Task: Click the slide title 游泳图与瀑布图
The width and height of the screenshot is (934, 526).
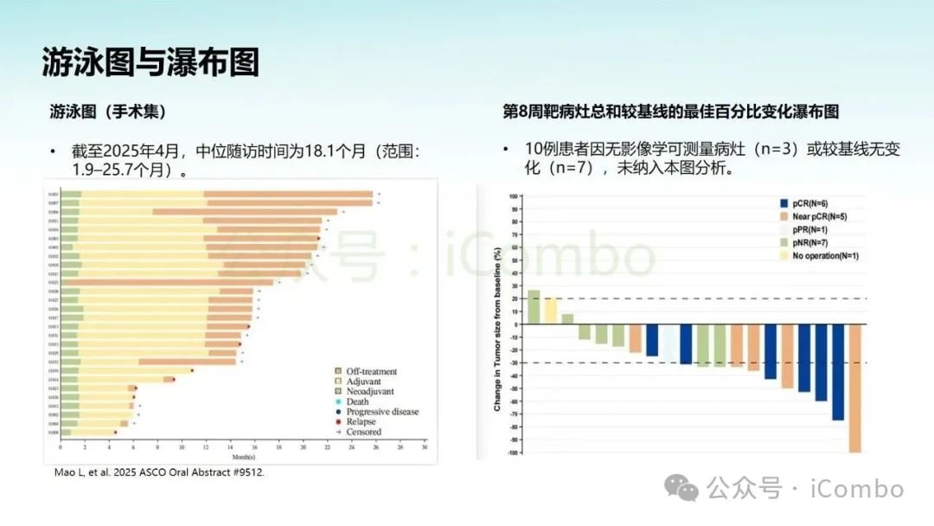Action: (150, 62)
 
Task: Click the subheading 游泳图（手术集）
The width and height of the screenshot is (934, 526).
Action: (108, 112)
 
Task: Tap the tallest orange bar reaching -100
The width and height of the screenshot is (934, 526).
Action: (855, 388)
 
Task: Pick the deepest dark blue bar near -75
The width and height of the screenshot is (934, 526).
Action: (838, 372)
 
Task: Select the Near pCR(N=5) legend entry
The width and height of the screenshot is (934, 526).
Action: (818, 215)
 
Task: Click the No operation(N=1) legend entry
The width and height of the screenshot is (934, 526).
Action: (825, 256)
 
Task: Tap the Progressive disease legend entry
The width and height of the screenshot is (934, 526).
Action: (381, 412)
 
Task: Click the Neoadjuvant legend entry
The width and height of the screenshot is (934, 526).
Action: (368, 391)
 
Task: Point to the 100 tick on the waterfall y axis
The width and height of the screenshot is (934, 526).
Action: (512, 196)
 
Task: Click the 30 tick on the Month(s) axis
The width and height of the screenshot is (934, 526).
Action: (425, 448)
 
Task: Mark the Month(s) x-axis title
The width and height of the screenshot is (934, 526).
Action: (242, 457)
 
